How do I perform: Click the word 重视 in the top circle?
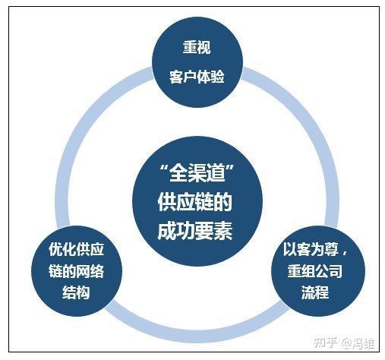197,47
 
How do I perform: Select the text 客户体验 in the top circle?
197,76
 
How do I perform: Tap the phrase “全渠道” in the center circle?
197,173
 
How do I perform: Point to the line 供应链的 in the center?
194,202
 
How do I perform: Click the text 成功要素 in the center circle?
195,231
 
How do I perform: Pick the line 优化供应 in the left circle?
76,249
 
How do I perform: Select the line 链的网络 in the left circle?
76,271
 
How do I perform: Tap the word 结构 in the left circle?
76,292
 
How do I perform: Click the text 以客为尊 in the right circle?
311,249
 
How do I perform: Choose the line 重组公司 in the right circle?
315,271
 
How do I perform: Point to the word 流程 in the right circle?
315,292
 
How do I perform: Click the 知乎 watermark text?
325,343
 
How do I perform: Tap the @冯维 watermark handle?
358,343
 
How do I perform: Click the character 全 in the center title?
178,173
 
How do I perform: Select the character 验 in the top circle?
218,76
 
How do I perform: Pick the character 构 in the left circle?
84,292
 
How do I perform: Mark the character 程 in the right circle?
322,292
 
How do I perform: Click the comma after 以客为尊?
344,253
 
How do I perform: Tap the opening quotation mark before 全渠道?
165,168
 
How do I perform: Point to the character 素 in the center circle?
223,231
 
